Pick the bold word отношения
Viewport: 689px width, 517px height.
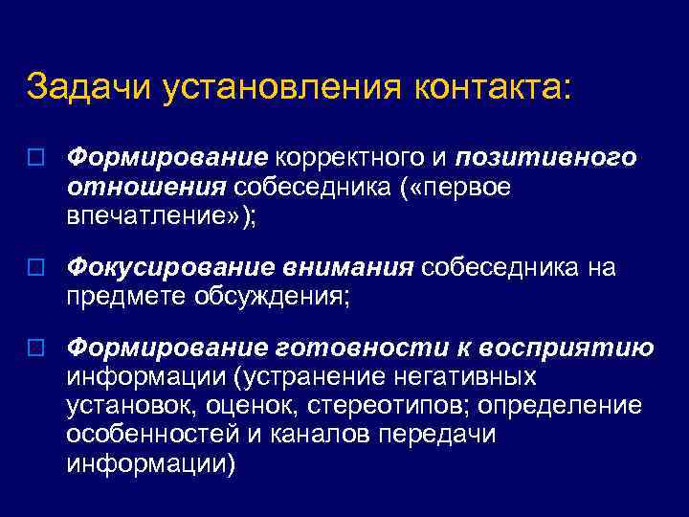click(x=144, y=187)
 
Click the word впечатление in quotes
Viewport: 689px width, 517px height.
click(x=153, y=217)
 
